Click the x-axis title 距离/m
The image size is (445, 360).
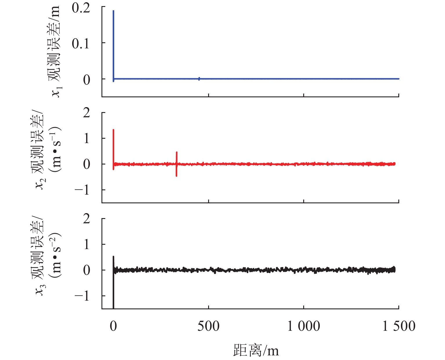(256, 350)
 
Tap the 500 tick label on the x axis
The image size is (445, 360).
(208, 326)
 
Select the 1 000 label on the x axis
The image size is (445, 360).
(304, 326)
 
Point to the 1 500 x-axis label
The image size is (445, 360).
(399, 326)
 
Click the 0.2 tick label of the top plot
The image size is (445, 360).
(81, 8)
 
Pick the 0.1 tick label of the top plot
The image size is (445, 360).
(81, 44)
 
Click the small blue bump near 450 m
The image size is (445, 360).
(199, 78)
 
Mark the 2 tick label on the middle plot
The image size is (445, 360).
(87, 113)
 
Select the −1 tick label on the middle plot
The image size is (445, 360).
(83, 190)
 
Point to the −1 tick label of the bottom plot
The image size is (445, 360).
(83, 296)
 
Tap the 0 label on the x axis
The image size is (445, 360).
(113, 326)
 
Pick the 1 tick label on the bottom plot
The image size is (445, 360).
(87, 245)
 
